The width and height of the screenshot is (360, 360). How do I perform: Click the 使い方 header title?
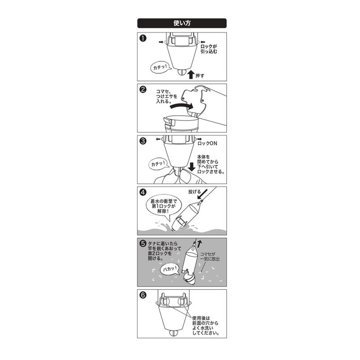(182, 23)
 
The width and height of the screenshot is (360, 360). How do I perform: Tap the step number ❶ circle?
(143, 38)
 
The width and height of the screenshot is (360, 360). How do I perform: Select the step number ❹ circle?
(143, 192)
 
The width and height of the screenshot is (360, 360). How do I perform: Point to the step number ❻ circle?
(143, 295)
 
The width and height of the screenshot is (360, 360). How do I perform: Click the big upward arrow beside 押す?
(191, 75)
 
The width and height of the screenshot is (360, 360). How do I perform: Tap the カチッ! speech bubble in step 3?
(158, 164)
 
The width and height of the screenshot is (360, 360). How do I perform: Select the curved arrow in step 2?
(181, 106)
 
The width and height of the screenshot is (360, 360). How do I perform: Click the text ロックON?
(207, 144)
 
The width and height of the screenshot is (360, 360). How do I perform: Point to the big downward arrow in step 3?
(192, 166)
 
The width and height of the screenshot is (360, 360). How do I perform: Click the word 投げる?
(194, 192)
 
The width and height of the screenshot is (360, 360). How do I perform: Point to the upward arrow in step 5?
(199, 244)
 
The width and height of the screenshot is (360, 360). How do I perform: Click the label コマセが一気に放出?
(210, 256)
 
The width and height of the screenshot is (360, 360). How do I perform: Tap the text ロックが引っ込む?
(209, 49)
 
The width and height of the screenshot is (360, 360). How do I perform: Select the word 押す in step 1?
(200, 76)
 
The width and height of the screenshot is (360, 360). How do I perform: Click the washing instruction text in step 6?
(206, 325)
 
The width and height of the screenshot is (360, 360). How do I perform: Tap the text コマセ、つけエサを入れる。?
(166, 96)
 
